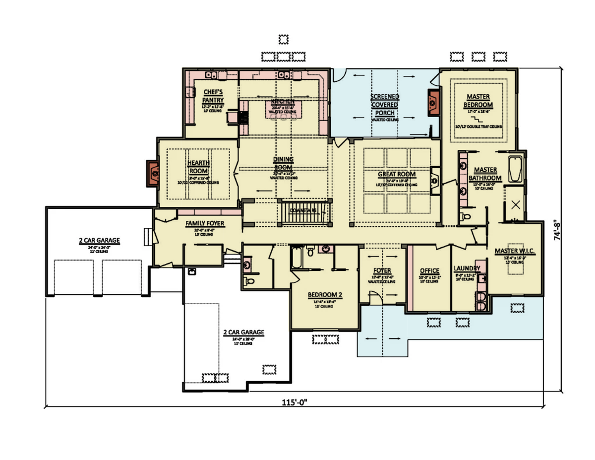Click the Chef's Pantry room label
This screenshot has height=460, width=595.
click(x=213, y=96)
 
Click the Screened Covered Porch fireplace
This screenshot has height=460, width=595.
click(x=433, y=103)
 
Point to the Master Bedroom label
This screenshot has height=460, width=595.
click(x=478, y=101)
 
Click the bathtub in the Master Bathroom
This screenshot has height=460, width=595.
click(x=515, y=169)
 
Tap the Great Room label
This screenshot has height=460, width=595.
click(x=397, y=175)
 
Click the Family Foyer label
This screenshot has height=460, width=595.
click(x=205, y=224)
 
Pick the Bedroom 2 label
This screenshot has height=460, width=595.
click(x=325, y=294)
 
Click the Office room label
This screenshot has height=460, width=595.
click(x=429, y=271)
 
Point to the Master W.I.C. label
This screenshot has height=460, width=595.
click(x=515, y=251)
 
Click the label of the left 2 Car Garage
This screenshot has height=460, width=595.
click(x=99, y=241)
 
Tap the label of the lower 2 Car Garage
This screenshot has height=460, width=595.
click(x=243, y=332)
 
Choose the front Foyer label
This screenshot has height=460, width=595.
click(x=382, y=271)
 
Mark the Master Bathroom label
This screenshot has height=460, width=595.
click(x=485, y=174)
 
